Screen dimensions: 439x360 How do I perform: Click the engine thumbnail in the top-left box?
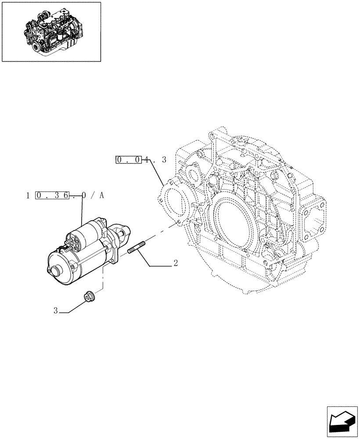point(51,32)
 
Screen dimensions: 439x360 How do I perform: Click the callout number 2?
point(175,263)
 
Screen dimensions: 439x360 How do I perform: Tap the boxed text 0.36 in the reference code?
point(52,195)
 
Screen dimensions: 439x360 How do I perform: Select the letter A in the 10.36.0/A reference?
point(101,195)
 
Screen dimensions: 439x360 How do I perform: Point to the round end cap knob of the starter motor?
point(56,271)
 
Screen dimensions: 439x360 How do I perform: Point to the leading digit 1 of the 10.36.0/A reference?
point(28,195)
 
